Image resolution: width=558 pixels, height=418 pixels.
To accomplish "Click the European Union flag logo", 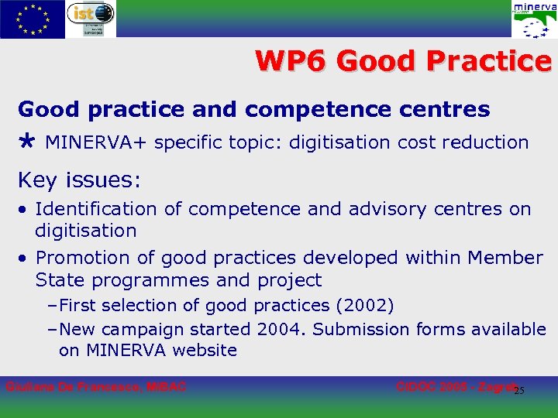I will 32,19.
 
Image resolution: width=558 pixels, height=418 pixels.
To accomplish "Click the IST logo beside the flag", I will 91,19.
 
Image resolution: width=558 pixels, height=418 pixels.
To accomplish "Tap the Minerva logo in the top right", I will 534,20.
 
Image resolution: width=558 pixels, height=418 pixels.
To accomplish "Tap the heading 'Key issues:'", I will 80,180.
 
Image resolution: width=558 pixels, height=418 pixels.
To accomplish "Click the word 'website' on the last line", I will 205,351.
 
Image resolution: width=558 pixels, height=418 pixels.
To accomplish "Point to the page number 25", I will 519,389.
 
